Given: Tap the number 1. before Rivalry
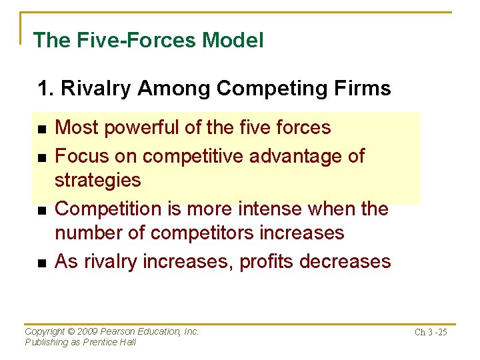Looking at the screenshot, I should [x=46, y=89].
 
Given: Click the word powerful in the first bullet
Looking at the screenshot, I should [x=142, y=127].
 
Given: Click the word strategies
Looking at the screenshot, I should [x=97, y=180].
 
